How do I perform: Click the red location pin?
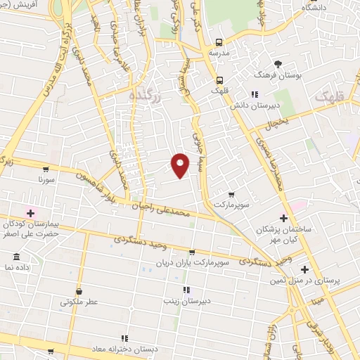(x=181, y=165)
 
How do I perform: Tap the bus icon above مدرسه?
(x=220, y=42)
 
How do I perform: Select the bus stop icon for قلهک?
(x=220, y=79)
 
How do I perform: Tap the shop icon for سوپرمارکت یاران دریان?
(x=192, y=252)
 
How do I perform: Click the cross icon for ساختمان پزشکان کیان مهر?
(x=283, y=219)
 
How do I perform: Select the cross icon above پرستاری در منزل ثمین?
(x=304, y=269)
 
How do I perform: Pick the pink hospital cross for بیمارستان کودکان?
(x=30, y=212)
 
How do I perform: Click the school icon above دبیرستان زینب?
(x=186, y=290)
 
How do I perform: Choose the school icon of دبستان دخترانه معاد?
(x=124, y=338)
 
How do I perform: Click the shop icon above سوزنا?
(x=46, y=169)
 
